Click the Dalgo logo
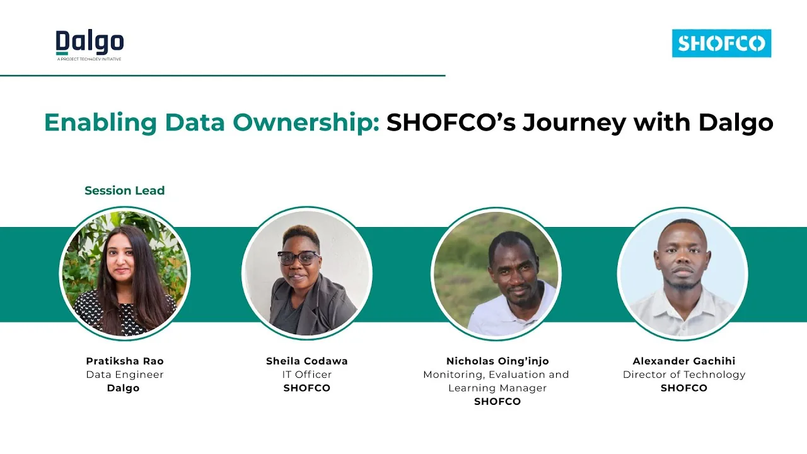click(x=90, y=45)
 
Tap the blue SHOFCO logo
click(x=721, y=44)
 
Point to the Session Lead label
click(x=125, y=190)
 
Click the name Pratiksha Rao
click(x=125, y=361)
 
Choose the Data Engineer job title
click(x=125, y=375)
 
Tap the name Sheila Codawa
click(x=307, y=361)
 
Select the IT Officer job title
click(x=307, y=375)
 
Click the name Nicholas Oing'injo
click(x=497, y=361)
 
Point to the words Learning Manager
click(x=497, y=388)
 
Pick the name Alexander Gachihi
click(x=684, y=361)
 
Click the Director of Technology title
click(x=684, y=375)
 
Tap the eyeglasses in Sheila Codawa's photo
click(x=299, y=258)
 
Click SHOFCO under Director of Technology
click(x=684, y=388)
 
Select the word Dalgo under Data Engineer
click(x=123, y=388)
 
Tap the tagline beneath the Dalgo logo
click(x=89, y=59)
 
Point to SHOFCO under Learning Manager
click(x=497, y=402)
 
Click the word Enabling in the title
click(x=100, y=123)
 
